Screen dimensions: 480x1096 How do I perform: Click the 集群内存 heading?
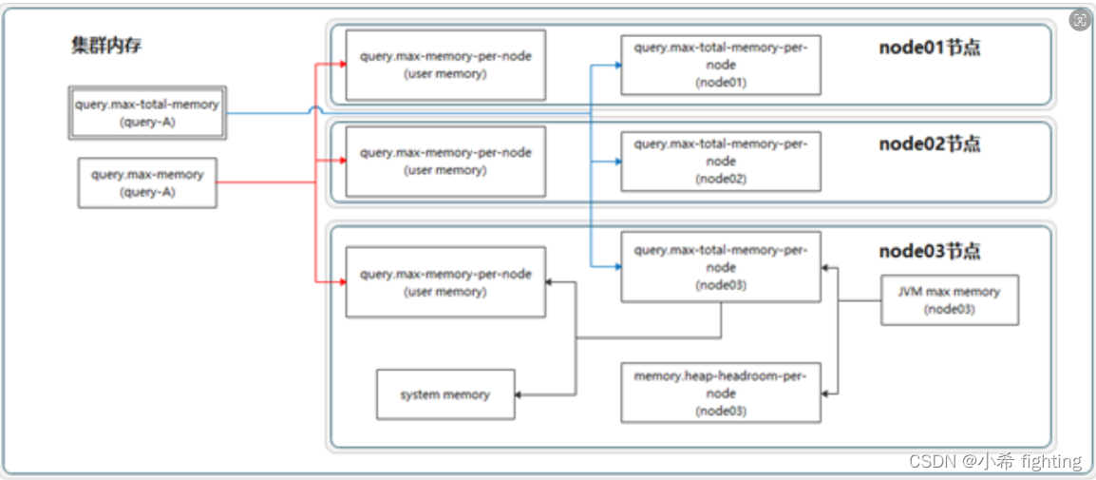[106, 46]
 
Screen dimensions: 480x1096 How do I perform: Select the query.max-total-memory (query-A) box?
[147, 113]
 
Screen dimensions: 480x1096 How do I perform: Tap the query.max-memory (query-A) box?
[147, 182]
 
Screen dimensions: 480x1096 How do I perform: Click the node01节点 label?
[929, 48]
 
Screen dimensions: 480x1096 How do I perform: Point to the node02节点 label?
[929, 144]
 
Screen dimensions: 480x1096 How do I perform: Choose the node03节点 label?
[929, 252]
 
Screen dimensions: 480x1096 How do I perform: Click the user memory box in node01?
[445, 65]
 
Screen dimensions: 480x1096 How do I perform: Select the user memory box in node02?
[445, 162]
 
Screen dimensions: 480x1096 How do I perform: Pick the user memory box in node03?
[445, 282]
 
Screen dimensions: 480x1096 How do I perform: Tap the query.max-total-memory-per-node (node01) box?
[721, 65]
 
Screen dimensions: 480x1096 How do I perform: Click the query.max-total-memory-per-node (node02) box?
[721, 162]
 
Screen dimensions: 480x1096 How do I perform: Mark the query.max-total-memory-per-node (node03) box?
[721, 267]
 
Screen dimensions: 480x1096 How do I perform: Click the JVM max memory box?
[949, 300]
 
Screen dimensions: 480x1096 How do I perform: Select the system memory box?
[445, 394]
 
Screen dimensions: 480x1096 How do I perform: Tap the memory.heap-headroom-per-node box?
[721, 393]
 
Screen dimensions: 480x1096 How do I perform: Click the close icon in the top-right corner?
[1079, 20]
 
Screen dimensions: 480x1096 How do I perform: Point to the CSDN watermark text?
[994, 462]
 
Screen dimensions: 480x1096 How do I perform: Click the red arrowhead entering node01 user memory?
[340, 65]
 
